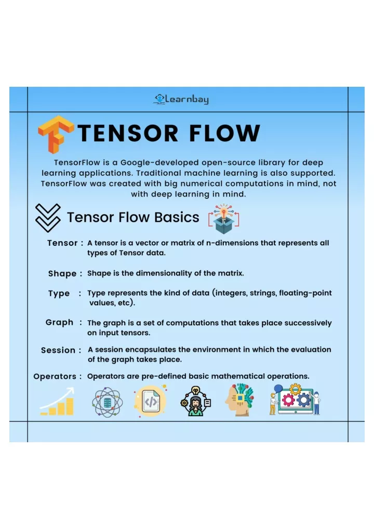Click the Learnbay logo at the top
click(181, 99)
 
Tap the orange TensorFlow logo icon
click(56, 134)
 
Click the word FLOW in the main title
click(224, 133)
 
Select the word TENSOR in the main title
click(128, 133)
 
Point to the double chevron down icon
click(48, 218)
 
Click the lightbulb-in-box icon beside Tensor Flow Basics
click(223, 219)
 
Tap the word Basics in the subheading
click(177, 217)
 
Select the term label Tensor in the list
click(62, 243)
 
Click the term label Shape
click(62, 273)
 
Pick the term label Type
click(59, 294)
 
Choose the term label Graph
click(59, 323)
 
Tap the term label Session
click(58, 350)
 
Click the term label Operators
click(55, 377)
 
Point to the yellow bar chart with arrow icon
click(57, 401)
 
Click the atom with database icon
click(107, 402)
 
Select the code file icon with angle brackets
click(151, 402)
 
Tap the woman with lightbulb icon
click(196, 401)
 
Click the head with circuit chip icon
click(239, 400)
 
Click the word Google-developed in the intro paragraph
click(159, 163)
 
